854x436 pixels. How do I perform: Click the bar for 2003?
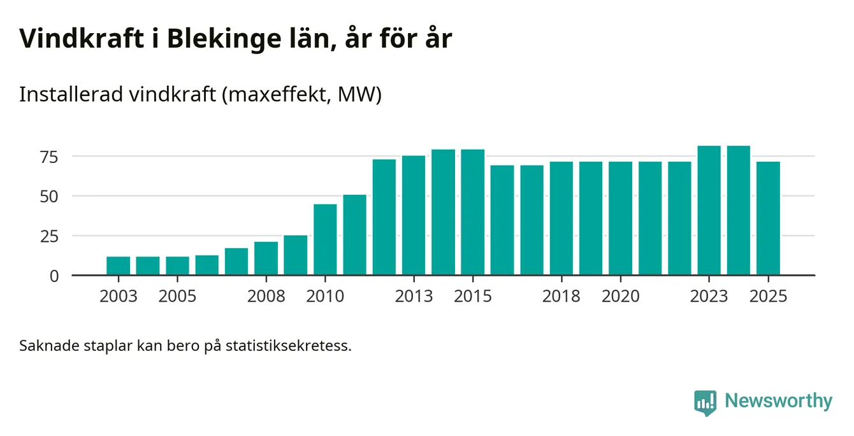[119, 266]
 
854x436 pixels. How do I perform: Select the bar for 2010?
[325, 240]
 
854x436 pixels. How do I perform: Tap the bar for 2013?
[414, 216]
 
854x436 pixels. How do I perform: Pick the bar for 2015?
[473, 213]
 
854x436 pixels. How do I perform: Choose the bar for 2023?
[709, 211]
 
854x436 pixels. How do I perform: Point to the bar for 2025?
[768, 219]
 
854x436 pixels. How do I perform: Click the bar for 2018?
[561, 219]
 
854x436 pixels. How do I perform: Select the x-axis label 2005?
[177, 297]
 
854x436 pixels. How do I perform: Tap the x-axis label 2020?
[620, 297]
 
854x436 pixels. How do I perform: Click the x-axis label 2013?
[414, 297]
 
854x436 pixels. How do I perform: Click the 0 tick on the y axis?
[54, 276]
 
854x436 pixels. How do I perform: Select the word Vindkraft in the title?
[81, 38]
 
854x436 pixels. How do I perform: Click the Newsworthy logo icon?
[705, 402]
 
